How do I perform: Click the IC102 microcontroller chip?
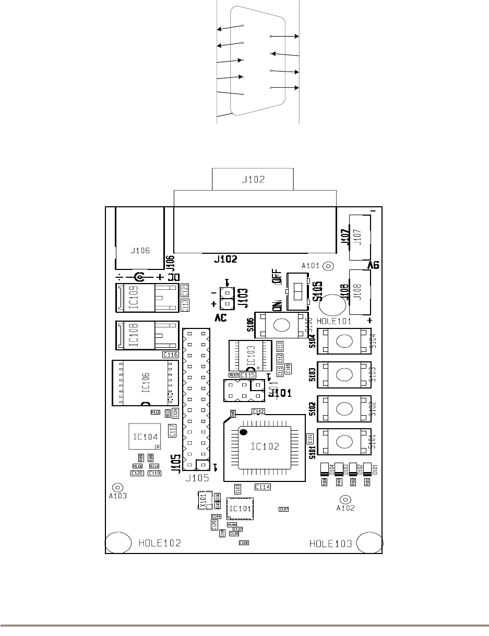(x=264, y=447)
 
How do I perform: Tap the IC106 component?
(x=145, y=383)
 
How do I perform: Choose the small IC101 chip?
(x=240, y=508)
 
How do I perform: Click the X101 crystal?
(x=205, y=500)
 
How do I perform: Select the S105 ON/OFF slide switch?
(x=298, y=290)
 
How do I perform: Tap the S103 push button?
(x=343, y=375)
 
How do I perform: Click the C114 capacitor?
(x=263, y=487)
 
